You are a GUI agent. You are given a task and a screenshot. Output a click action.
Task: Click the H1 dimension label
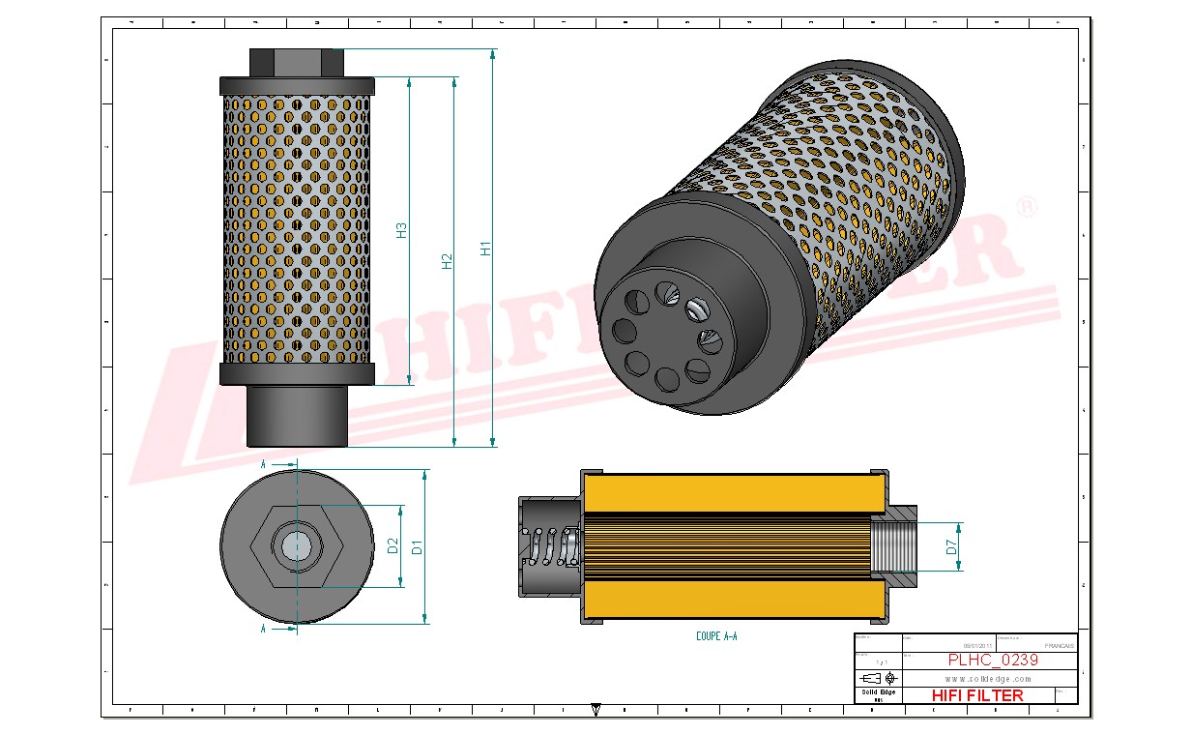pyautogui.click(x=487, y=249)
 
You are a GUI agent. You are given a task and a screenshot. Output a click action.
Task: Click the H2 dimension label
pyautogui.click(x=448, y=260)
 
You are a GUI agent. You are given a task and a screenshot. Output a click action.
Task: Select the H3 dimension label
pyautogui.click(x=402, y=231)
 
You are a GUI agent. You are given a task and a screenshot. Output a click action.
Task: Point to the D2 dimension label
pyautogui.click(x=393, y=546)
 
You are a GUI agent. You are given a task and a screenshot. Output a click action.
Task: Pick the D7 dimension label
pyautogui.click(x=952, y=547)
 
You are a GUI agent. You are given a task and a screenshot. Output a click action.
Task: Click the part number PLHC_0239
pyautogui.click(x=993, y=661)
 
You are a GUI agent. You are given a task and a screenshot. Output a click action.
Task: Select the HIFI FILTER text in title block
pyautogui.click(x=976, y=695)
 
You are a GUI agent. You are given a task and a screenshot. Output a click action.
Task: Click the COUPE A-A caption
pyautogui.click(x=716, y=636)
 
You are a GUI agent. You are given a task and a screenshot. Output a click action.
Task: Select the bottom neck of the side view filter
pyautogui.click(x=296, y=416)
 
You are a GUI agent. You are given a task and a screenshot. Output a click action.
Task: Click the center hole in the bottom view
pyautogui.click(x=296, y=547)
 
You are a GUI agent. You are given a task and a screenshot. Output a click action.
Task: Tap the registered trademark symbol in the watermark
pyautogui.click(x=1028, y=206)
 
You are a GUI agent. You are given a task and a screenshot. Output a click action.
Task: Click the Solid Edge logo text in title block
pyautogui.click(x=878, y=692)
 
